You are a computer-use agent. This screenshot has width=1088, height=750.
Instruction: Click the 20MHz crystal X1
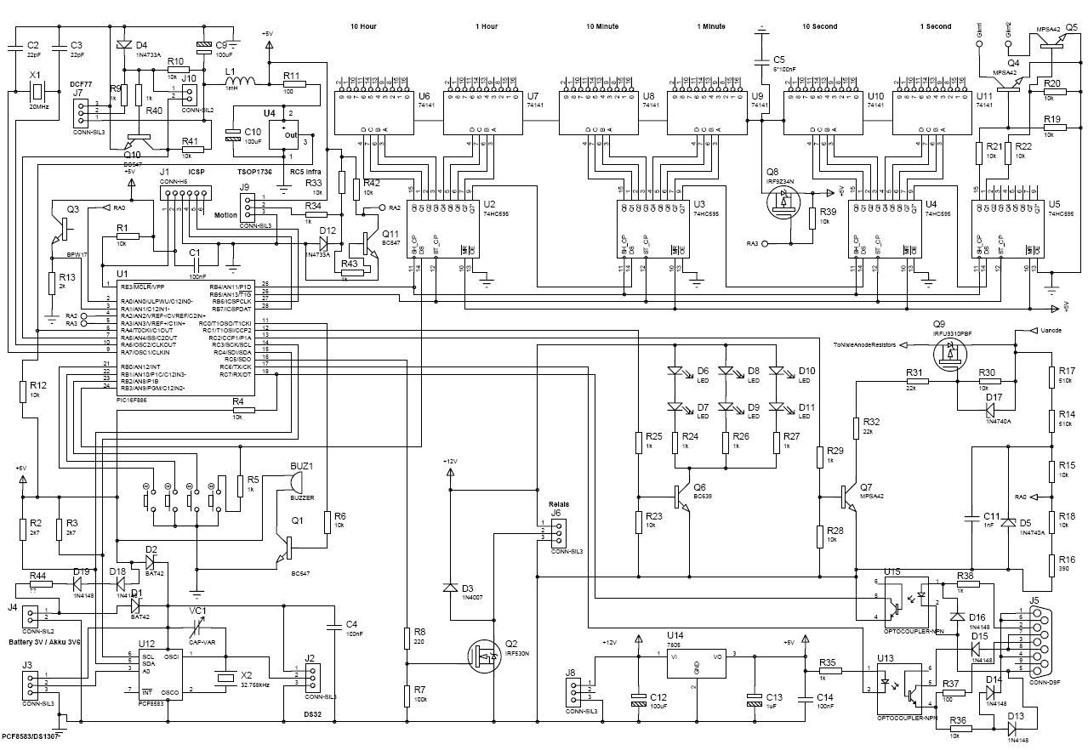point(36,88)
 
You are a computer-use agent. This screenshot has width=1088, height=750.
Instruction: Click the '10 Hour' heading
point(363,27)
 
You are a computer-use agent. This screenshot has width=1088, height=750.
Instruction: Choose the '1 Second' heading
point(936,27)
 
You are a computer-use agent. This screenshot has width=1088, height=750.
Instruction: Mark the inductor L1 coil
point(242,83)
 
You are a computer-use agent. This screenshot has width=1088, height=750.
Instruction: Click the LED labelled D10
point(776,372)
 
